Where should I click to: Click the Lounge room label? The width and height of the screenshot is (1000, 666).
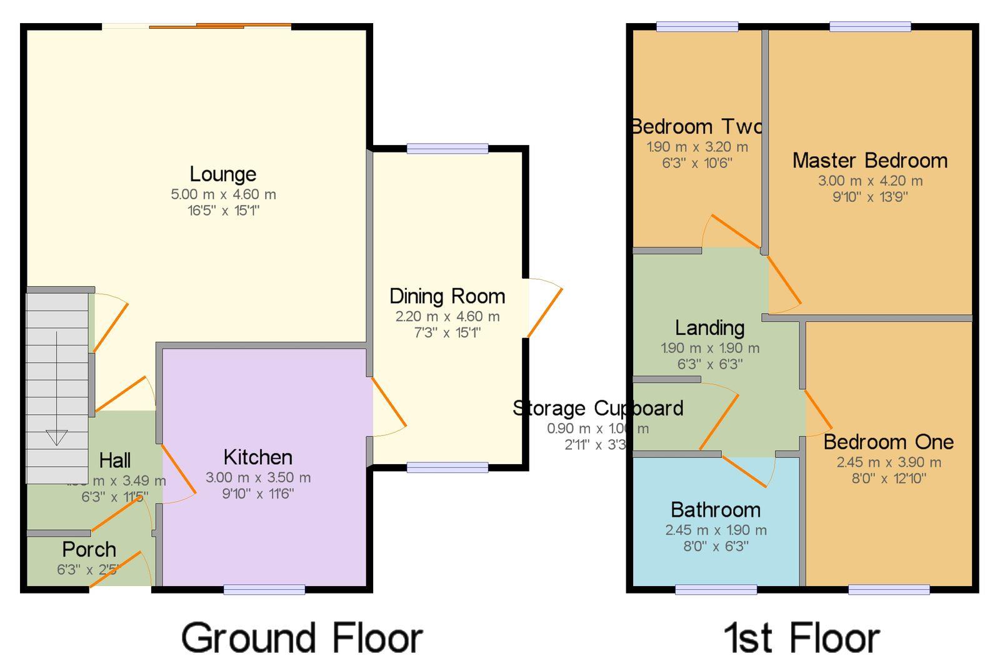coord(222,174)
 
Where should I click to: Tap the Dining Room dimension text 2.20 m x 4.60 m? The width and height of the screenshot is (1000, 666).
coord(447,317)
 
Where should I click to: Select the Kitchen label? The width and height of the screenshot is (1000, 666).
coord(257,457)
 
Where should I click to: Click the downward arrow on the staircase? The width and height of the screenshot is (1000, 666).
coord(56,437)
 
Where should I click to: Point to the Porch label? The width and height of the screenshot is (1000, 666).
coord(89,550)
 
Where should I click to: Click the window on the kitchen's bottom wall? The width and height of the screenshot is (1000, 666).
coord(264,589)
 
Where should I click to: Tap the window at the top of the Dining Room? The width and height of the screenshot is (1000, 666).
coord(447,148)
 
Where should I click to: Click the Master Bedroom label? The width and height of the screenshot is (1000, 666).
coord(869,161)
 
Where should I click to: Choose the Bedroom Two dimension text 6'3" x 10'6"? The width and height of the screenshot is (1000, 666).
coord(697,163)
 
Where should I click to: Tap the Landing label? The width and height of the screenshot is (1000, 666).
coord(709,327)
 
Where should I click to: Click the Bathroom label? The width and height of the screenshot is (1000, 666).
coord(716,510)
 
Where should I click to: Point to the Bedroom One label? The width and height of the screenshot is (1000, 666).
coord(888,442)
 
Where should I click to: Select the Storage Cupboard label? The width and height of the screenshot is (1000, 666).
coord(597,409)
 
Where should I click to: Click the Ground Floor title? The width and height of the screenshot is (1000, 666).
coord(302,638)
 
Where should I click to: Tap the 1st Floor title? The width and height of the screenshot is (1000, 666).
coord(802,638)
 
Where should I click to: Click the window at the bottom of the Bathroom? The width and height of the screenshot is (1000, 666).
coord(716,589)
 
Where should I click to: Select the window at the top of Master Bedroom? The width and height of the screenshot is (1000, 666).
coord(870,26)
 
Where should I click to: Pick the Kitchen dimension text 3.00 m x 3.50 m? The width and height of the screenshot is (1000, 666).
coord(257,478)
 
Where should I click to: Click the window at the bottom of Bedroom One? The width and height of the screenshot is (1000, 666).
coord(889,589)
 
